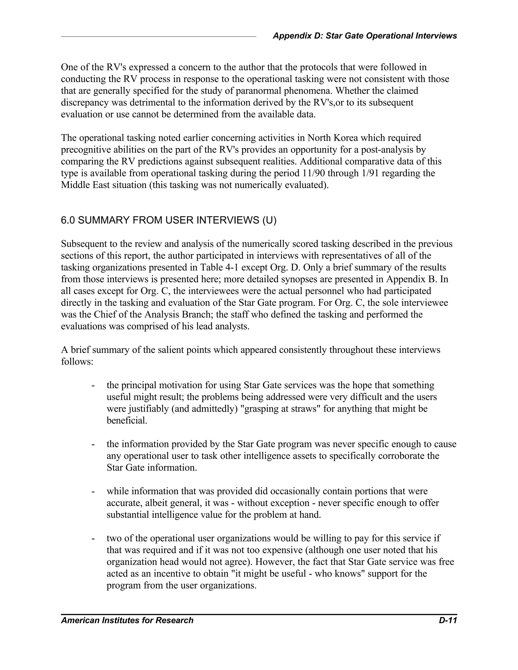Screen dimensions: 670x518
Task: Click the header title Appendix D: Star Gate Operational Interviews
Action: click(364, 36)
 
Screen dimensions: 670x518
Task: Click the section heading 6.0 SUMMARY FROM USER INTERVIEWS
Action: click(168, 220)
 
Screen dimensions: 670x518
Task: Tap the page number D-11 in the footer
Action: click(448, 620)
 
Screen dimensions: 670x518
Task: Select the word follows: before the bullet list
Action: click(77, 362)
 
